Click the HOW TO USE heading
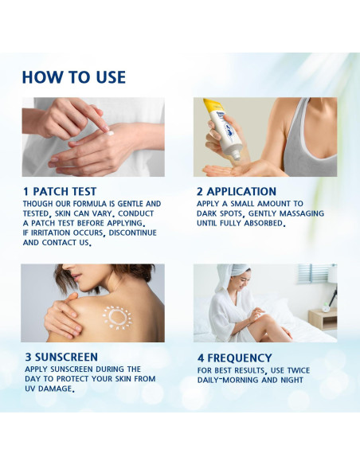(74, 77)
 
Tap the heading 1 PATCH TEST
(60, 191)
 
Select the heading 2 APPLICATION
(237, 191)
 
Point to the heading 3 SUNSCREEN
(61, 357)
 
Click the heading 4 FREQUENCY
(234, 358)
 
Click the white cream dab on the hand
(110, 133)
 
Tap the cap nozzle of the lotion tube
(236, 155)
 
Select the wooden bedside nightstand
(323, 319)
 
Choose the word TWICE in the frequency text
(299, 370)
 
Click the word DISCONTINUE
(132, 232)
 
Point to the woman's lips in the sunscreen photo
(77, 278)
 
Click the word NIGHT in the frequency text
(292, 380)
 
